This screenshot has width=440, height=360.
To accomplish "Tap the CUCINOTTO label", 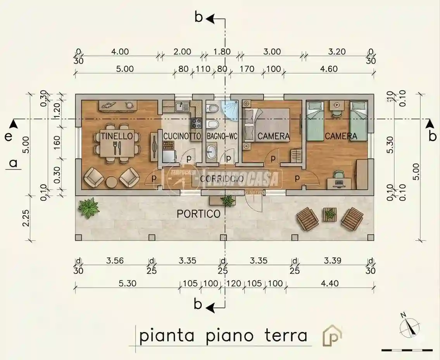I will [182, 136].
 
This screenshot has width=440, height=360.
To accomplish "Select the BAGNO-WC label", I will [222, 136].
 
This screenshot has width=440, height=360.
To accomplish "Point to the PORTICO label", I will [198, 214].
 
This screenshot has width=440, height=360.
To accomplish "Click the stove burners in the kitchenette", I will [195, 124].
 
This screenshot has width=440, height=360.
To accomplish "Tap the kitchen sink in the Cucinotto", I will [181, 106].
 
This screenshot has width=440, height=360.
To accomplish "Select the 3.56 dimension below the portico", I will [115, 260].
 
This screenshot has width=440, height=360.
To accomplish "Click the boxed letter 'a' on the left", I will [14, 164].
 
